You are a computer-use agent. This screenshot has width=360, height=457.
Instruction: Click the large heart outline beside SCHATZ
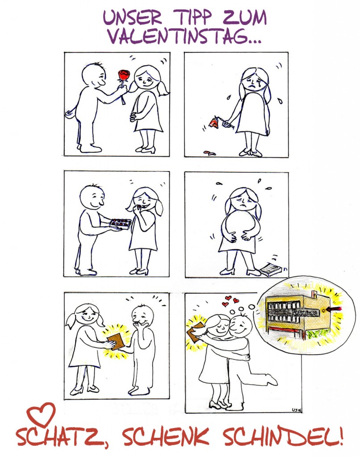point(41,414)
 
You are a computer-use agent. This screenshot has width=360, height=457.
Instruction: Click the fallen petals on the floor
point(209,153)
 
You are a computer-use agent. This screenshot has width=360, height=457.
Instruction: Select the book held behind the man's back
point(195,331)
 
